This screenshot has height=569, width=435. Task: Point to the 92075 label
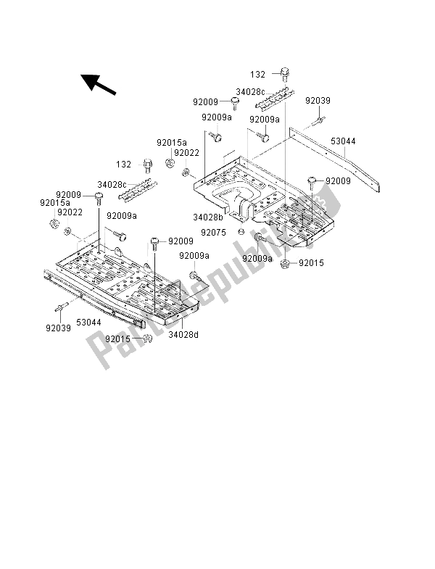215,232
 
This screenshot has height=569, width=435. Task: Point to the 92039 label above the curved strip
318,100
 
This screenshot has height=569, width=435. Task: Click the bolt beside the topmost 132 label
285,73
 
